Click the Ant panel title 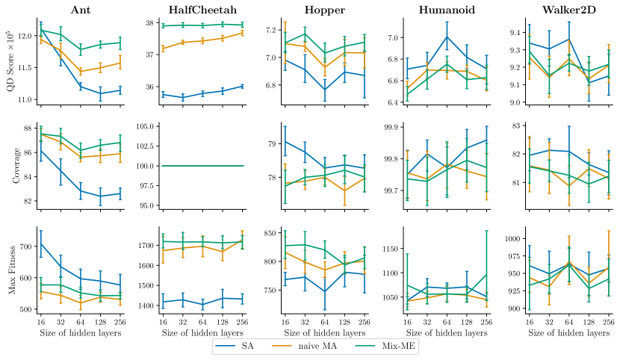tap(81, 10)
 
